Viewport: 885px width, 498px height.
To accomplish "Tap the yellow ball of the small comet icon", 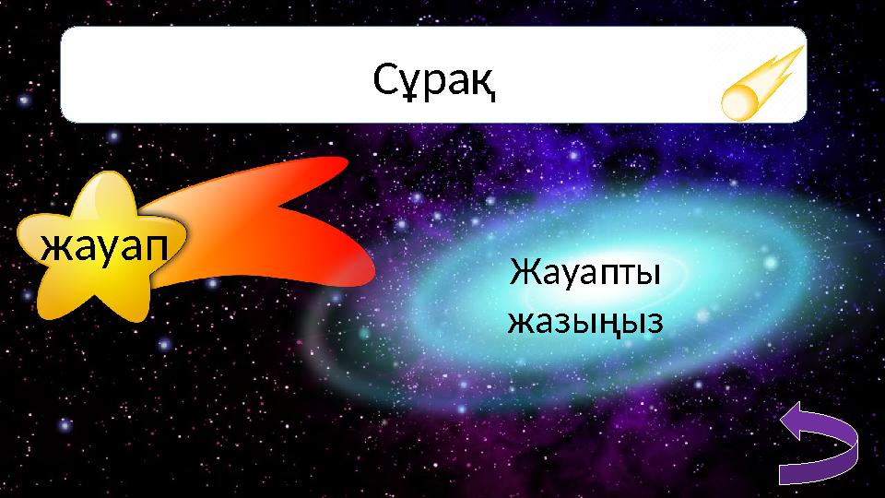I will click(x=740, y=101).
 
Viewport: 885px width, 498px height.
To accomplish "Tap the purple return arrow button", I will click(x=820, y=446).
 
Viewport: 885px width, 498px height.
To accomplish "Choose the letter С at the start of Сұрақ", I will click(x=385, y=82).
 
